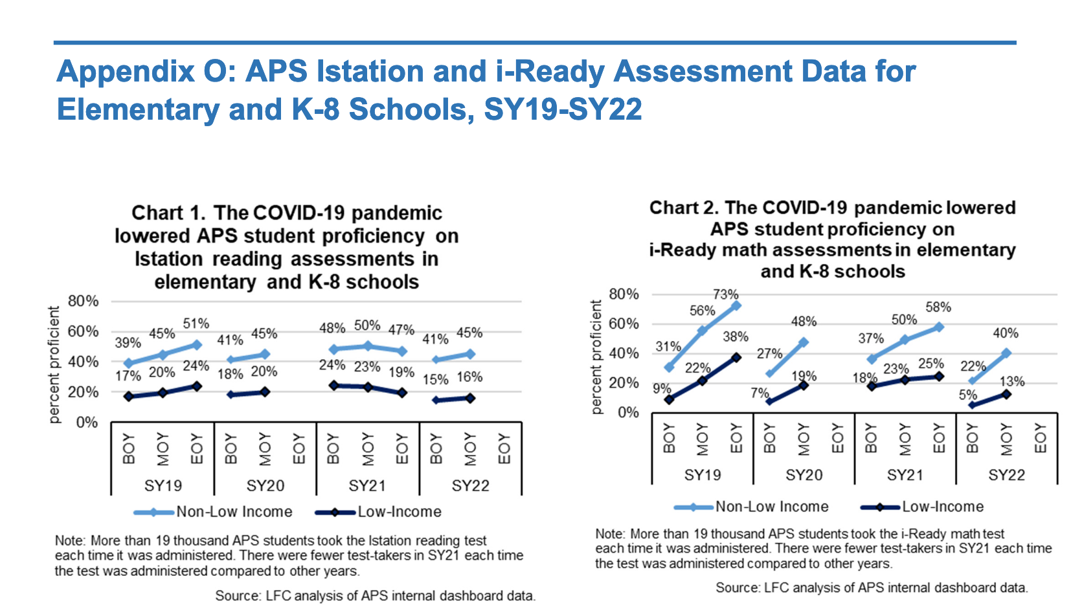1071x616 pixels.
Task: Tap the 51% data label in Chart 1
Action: [x=196, y=324]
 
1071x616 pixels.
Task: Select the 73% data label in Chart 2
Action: [x=725, y=294]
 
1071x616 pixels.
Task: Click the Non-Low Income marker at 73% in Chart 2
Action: [x=736, y=305]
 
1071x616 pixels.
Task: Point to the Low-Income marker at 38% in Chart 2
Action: [x=736, y=357]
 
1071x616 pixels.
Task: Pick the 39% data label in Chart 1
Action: [x=128, y=343]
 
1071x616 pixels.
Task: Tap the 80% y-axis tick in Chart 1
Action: [x=83, y=301]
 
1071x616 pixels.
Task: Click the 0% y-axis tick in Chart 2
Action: [x=627, y=412]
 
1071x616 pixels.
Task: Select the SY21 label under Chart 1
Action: [x=367, y=486]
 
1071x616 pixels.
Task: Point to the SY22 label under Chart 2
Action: [x=1006, y=475]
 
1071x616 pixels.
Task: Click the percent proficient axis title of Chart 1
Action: [x=54, y=365]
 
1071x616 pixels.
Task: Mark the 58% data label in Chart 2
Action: [x=938, y=307]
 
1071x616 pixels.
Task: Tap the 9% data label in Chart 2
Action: [x=662, y=389]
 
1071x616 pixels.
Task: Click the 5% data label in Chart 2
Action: [x=967, y=395]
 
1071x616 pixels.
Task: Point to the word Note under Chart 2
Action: [x=609, y=534]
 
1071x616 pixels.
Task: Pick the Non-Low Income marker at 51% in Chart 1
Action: [x=196, y=345]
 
